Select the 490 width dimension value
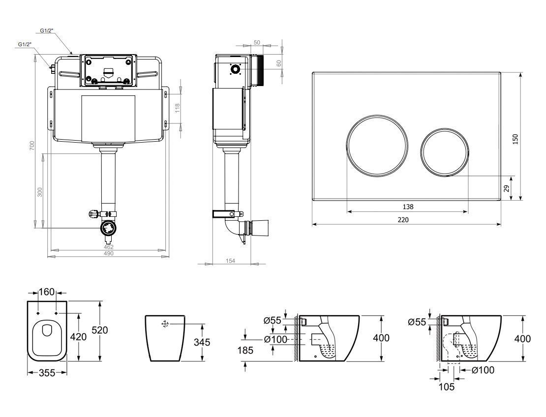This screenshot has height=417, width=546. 108,254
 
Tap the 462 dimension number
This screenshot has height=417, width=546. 109,247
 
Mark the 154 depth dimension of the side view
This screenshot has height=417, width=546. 231,261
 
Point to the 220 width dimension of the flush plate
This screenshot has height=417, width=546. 402,220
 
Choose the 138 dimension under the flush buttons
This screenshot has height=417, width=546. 407,207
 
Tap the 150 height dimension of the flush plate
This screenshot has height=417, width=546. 515,139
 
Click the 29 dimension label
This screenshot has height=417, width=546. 506,188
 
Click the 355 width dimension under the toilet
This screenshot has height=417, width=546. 47,373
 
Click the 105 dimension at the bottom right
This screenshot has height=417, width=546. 447,387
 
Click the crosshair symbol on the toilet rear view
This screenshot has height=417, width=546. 165,324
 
